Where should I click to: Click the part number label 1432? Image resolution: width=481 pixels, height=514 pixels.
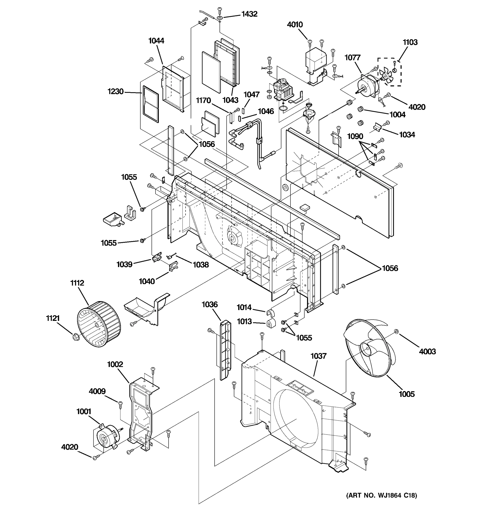coord(249,14)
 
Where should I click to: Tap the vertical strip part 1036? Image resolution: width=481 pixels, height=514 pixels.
coord(225,350)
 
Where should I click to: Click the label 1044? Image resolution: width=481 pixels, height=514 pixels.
coord(156,41)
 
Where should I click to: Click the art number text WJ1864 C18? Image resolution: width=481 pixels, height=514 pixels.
coord(381,495)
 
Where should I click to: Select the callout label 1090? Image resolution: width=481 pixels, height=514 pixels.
coord(355,136)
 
